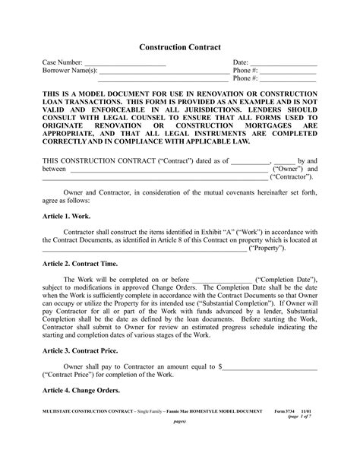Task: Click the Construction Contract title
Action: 180,47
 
